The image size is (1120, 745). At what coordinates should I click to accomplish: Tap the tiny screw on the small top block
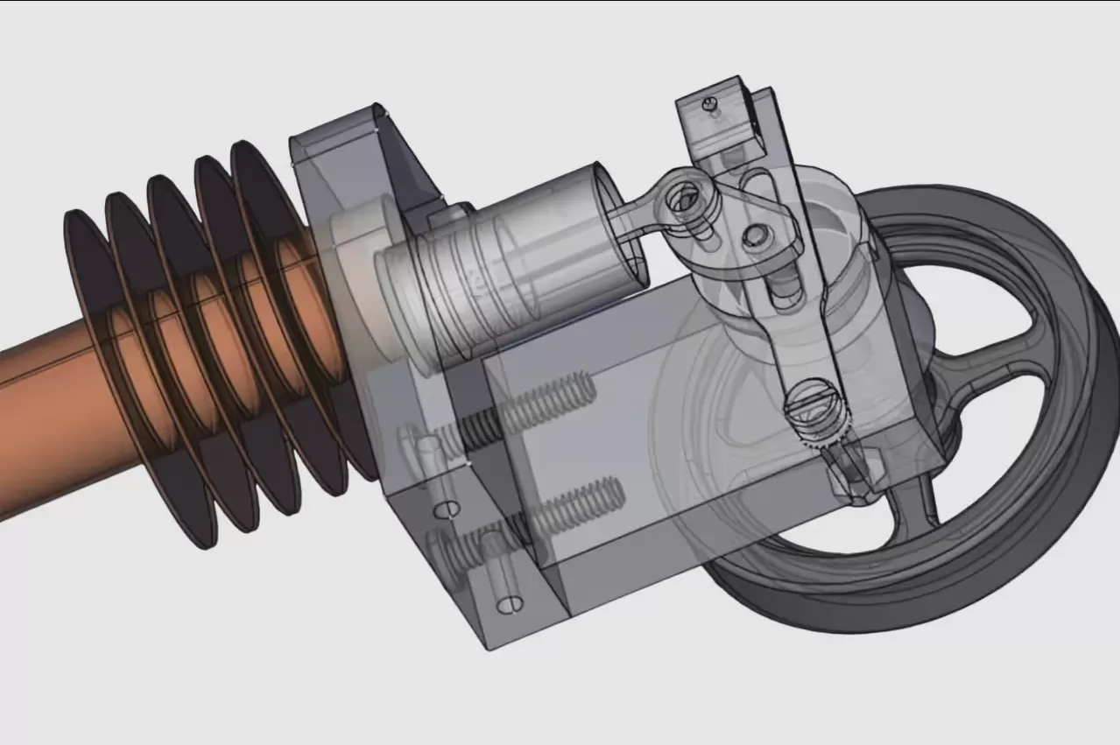point(712,105)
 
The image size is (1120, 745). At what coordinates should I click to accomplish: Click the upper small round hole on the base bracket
point(448,509)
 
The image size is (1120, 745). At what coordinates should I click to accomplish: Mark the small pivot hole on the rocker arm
point(755,235)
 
